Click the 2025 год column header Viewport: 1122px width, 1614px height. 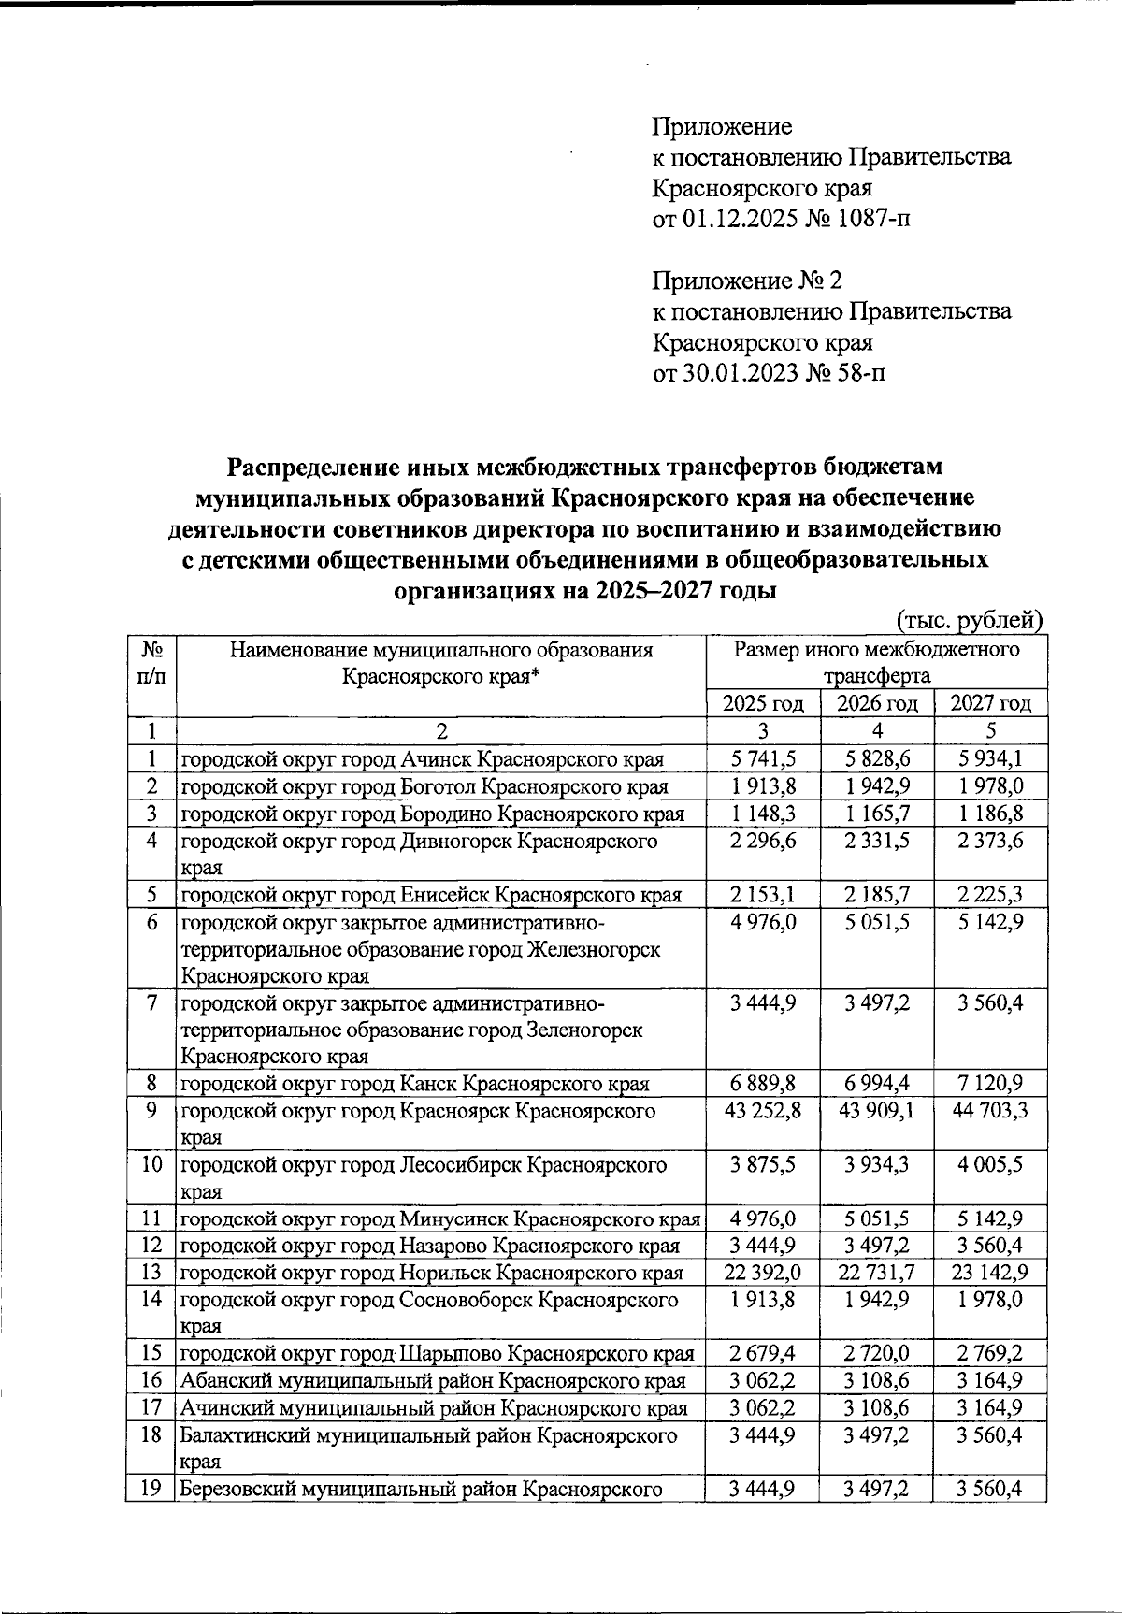[762, 704]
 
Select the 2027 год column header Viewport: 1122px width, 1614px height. [990, 704]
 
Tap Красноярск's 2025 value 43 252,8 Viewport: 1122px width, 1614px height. [762, 1112]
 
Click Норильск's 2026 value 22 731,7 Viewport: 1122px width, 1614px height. [875, 1273]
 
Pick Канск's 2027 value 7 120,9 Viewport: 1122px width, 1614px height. [990, 1085]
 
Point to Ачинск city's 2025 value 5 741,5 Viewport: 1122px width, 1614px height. [762, 758]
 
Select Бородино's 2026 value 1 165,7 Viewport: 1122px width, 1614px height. [875, 814]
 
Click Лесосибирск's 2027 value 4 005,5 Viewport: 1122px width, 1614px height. [990, 1165]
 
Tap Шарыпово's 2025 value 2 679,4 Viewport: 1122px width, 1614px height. [762, 1354]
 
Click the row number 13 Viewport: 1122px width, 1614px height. [151, 1273]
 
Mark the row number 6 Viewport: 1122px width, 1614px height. [151, 923]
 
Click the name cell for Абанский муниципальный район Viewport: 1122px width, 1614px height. [432, 1381]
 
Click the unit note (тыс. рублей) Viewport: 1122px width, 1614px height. [969, 620]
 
